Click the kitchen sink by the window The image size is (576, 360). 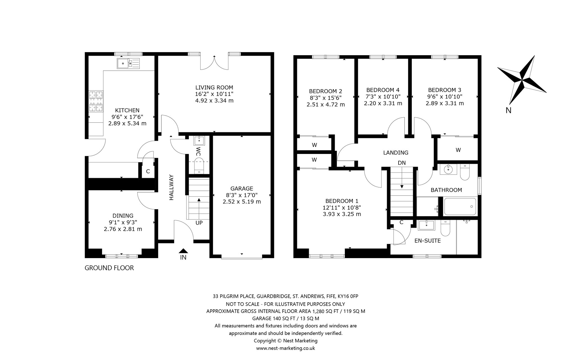tap(128, 63)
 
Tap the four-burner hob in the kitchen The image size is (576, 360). tap(96, 101)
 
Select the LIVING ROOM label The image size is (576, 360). tap(214, 88)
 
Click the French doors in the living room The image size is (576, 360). tap(214, 62)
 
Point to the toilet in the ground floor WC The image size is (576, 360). tap(199, 166)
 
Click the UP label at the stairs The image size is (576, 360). tap(199, 223)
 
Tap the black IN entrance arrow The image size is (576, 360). tap(183, 251)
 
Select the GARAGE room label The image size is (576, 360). tap(242, 189)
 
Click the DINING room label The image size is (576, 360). tap(123, 216)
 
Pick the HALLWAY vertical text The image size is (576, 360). tap(172, 187)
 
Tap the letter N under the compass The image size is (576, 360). tap(508, 111)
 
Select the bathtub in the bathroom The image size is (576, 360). tap(460, 207)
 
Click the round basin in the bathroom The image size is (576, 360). tap(447, 170)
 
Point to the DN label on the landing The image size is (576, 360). tap(402, 163)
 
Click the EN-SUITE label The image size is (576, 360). tap(428, 241)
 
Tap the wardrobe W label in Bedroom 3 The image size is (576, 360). tap(458, 150)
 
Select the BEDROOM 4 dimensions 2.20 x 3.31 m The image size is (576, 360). tap(383, 103)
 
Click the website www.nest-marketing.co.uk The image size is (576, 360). tap(285, 348)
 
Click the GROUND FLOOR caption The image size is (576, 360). tap(109, 268)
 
